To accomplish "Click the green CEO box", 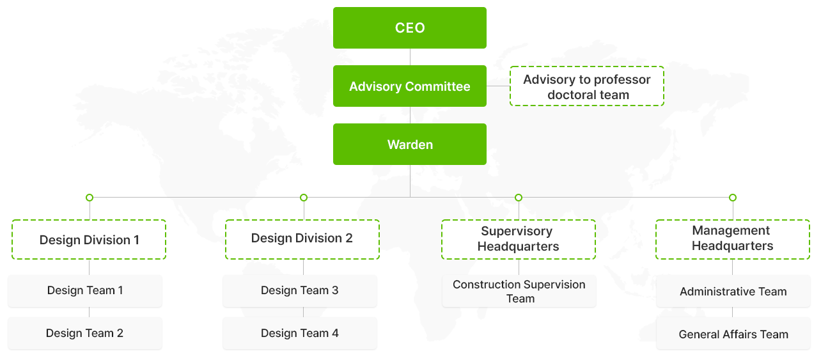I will click(410, 27).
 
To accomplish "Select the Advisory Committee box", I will click(410, 86).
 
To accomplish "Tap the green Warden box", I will click(410, 145).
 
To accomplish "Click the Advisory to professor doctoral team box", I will click(586, 86).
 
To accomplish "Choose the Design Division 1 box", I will click(89, 240).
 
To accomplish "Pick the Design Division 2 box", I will click(302, 239).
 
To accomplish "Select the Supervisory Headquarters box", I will click(518, 239).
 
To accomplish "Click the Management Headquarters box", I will click(733, 239).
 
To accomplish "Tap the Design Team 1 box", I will click(85, 291).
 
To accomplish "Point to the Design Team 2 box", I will click(84, 333).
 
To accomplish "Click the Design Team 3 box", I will click(300, 291).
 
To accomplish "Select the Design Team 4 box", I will click(300, 333).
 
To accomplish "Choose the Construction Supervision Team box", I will click(519, 292).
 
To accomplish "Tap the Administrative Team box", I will click(733, 292).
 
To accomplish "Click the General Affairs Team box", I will click(733, 334).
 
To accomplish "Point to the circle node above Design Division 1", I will click(90, 198).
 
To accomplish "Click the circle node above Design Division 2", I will click(304, 198).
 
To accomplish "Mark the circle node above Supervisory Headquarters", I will click(519, 198).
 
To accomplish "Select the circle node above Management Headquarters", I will click(733, 198).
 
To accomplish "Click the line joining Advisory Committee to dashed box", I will click(498, 86).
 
